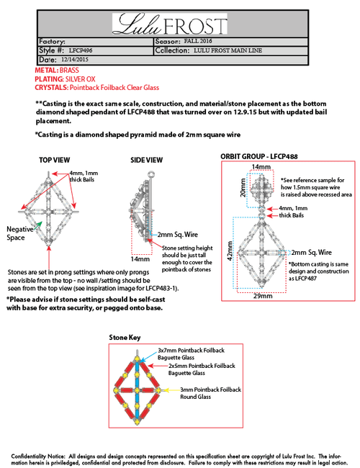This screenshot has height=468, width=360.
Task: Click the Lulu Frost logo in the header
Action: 169,24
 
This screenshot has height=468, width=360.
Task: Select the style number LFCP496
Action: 81,50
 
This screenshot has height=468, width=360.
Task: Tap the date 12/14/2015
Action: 75,59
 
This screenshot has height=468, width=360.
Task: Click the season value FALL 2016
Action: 198,41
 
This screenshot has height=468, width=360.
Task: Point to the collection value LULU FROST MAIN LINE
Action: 228,50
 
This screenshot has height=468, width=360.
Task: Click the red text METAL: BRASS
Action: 57,71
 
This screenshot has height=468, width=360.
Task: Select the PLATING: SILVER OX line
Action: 65,79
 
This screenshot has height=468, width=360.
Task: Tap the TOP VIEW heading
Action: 54,161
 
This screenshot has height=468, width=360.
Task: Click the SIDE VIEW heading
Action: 146,161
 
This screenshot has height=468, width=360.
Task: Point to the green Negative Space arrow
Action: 37,225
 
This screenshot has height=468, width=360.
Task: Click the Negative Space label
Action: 19,233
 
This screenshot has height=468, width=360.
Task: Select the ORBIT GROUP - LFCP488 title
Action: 258,157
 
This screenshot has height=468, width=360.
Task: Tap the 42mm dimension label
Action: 230,251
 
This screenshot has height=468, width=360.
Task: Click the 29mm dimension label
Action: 263,296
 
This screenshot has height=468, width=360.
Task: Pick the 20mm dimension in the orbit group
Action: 243,188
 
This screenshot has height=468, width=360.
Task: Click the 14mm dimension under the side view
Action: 140,259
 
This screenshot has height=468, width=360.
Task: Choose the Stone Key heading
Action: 125,338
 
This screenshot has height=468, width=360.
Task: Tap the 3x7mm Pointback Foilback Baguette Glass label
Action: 191,354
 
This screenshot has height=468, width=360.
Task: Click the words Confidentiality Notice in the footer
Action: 38,456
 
